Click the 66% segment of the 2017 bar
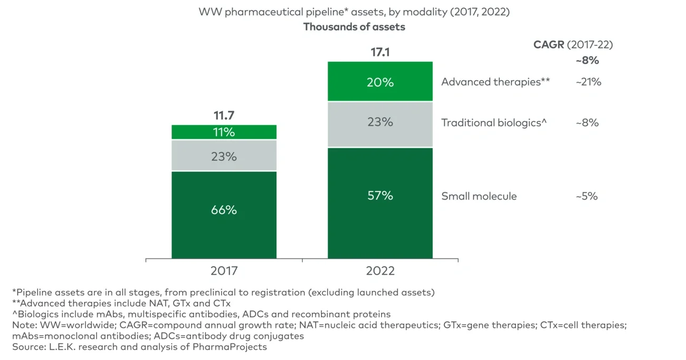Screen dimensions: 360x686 click(x=224, y=215)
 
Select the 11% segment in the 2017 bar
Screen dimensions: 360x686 click(x=224, y=132)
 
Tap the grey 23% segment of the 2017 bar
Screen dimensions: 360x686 click(x=224, y=156)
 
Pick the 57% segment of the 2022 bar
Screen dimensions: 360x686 click(x=380, y=203)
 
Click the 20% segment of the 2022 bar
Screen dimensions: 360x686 click(x=380, y=82)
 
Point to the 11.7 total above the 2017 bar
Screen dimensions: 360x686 click(x=224, y=116)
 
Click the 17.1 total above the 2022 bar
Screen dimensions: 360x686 click(x=380, y=52)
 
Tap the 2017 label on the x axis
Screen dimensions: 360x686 click(x=224, y=271)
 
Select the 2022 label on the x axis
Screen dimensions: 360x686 click(x=380, y=271)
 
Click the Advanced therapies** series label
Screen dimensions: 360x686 click(x=496, y=82)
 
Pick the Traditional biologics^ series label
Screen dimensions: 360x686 click(x=494, y=123)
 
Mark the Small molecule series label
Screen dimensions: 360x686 click(x=479, y=196)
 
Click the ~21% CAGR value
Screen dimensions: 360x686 click(x=588, y=82)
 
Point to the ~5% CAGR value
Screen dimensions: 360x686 click(x=587, y=196)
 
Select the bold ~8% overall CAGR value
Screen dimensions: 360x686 click(x=587, y=61)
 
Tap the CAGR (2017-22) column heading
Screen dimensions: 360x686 click(x=573, y=45)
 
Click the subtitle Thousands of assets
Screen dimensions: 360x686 click(x=354, y=27)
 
